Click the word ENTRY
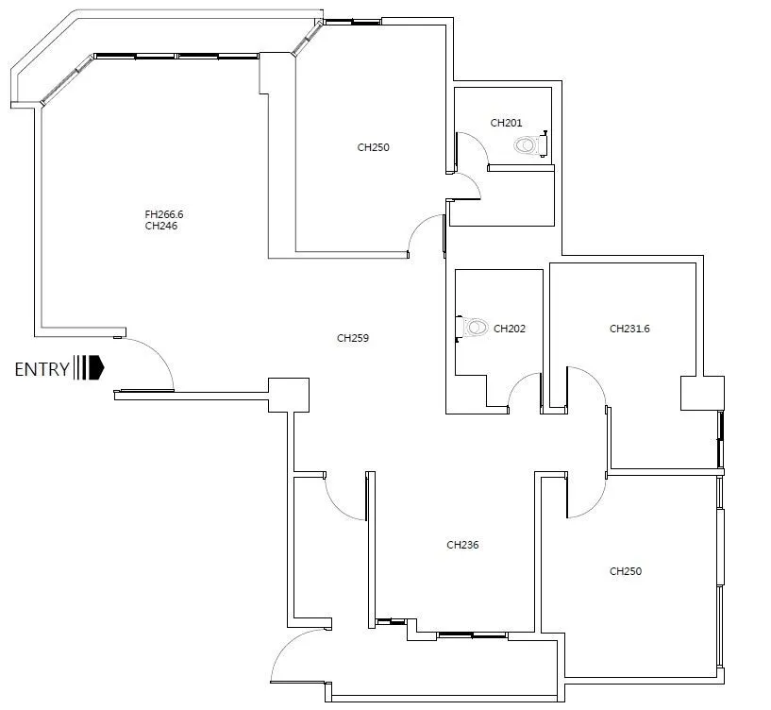[42, 369]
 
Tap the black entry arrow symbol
[89, 367]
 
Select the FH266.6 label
[164, 214]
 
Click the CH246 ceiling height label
[161, 226]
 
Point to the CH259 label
[353, 338]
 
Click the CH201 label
[506, 123]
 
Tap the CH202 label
[510, 329]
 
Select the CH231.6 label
[629, 329]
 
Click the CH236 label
[462, 545]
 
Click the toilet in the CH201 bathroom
[531, 144]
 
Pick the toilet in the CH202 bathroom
[472, 328]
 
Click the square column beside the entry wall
[289, 395]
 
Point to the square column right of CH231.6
[702, 393]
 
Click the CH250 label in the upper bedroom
[373, 147]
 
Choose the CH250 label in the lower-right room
[626, 571]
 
